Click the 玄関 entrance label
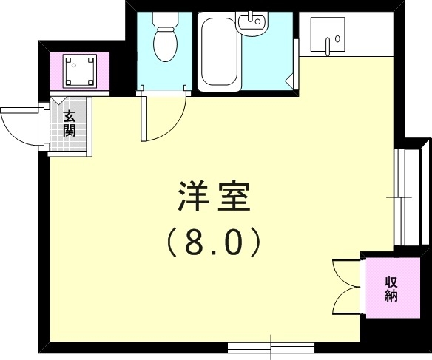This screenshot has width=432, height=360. [x=69, y=123]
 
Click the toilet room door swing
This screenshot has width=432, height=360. [x=164, y=118]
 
